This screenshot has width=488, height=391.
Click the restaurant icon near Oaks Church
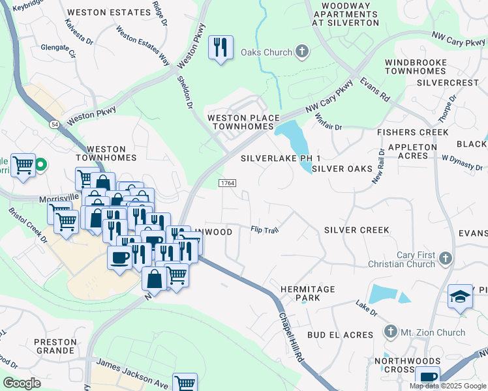coord(221,48)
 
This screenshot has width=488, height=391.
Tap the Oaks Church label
coord(267,52)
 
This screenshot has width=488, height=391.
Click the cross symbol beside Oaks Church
coord(301,51)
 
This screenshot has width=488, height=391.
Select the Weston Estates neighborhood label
coord(110,12)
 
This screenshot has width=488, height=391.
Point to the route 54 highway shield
coord(52,123)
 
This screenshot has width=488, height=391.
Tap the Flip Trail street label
coord(266,229)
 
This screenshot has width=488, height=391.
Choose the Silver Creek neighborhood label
coord(356,230)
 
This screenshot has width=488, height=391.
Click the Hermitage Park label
coord(307,293)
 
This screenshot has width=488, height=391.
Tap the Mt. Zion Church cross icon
coord(390,332)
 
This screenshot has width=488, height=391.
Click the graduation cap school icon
coord(459,297)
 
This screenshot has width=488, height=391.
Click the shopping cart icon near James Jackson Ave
coord(185,383)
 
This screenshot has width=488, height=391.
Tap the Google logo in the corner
coord(22,383)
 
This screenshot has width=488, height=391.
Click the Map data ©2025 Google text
coord(448,386)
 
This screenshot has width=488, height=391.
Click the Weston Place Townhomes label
coord(243,122)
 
